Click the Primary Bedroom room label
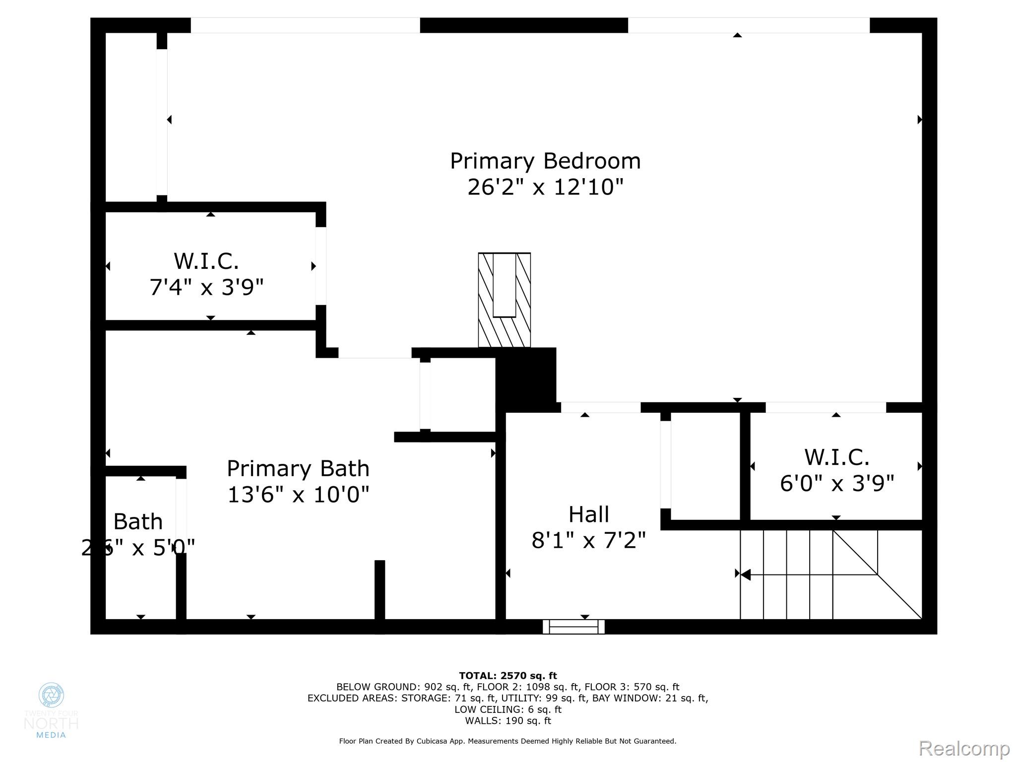coord(545,161)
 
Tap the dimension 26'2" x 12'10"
coord(545,188)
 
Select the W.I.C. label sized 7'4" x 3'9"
coord(206,261)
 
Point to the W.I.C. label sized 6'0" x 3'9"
coord(836,457)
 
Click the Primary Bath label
coord(298,469)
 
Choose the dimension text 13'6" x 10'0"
coord(298,495)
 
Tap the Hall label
coord(588,514)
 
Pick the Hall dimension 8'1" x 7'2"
coord(588,540)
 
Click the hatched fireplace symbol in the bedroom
coord(504,300)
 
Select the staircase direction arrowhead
coord(745,574)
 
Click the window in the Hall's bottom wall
coord(573,627)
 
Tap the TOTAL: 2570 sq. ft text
coord(508,676)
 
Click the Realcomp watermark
coord(964,748)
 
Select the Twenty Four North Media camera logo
coord(51,695)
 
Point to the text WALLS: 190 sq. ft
coord(508,721)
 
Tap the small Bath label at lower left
coord(138,522)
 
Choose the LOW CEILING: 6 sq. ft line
coord(508,709)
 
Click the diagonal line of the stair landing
coord(878,575)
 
